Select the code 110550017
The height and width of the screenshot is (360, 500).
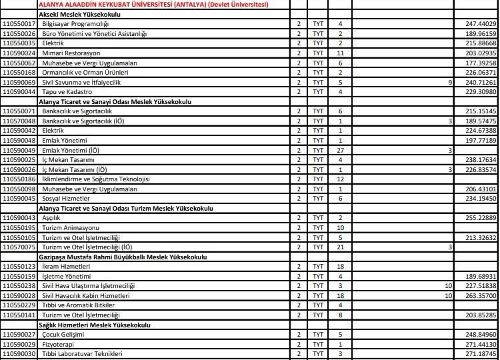click(19, 23)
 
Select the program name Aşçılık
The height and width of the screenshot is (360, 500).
click(51, 218)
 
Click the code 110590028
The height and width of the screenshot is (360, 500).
click(19, 295)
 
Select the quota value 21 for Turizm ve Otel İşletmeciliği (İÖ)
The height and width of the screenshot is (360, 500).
click(340, 247)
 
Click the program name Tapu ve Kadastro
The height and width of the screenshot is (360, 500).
click(65, 91)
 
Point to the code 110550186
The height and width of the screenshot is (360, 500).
click(19, 179)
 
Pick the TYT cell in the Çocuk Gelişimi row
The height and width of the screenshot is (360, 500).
click(318, 334)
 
